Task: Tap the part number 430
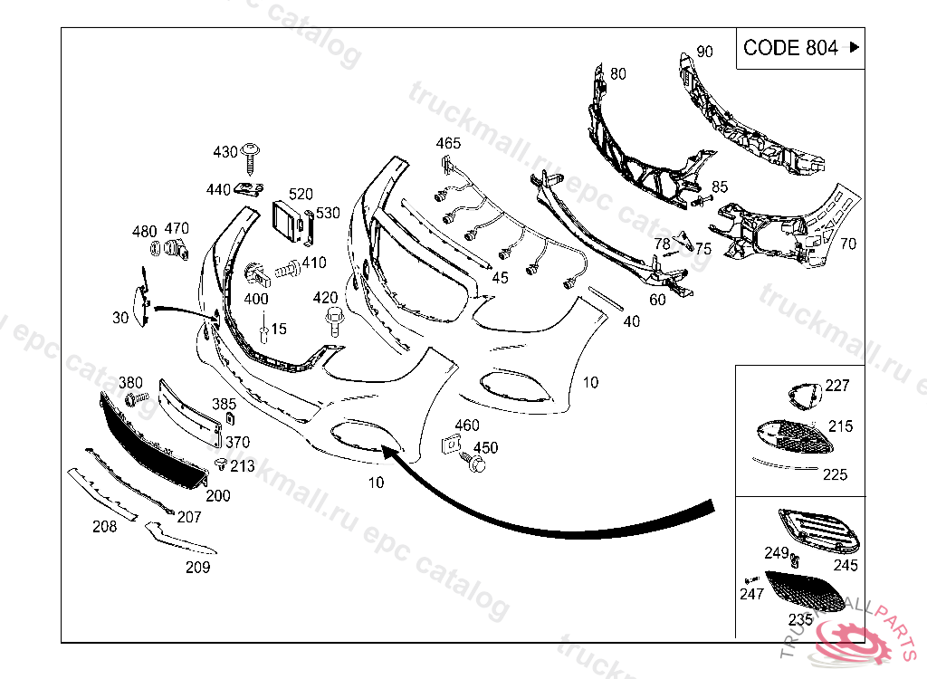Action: click(225, 151)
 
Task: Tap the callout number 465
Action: click(448, 143)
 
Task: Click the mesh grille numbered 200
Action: click(151, 443)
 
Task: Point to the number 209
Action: click(197, 568)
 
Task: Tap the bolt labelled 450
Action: click(474, 464)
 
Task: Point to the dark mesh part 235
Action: click(801, 589)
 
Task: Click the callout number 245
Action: click(846, 566)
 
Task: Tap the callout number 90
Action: click(705, 52)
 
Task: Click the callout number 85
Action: click(719, 186)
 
